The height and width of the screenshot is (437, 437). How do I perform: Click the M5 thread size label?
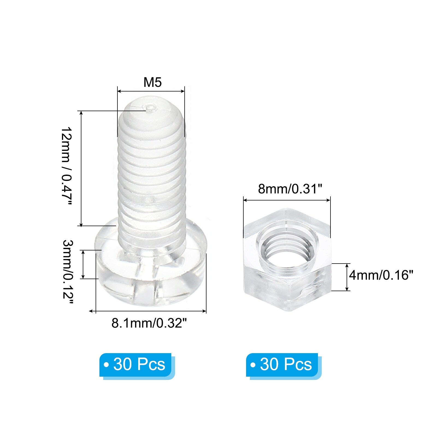(153, 82)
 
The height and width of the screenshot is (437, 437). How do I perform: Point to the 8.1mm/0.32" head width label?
(149, 323)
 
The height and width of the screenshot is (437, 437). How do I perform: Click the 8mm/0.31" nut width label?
(290, 189)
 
